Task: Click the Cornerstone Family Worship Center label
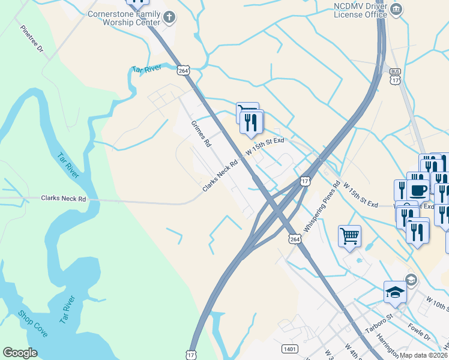[124, 17]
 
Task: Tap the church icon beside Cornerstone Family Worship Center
[169, 17]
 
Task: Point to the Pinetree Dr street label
[31, 39]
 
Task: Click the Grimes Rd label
[202, 134]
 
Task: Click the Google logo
[20, 353]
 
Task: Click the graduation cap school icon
[396, 292]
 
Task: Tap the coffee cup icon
[418, 190]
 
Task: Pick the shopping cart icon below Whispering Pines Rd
[349, 235]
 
